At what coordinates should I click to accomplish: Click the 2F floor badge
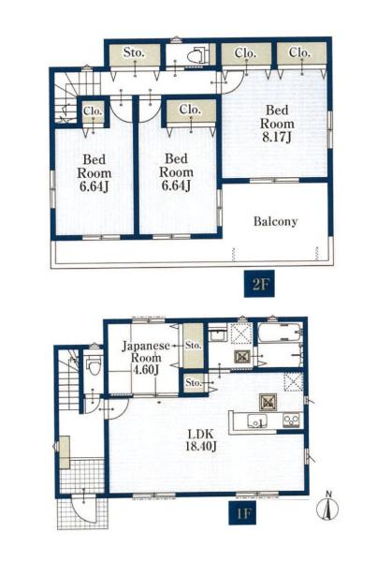click(259, 284)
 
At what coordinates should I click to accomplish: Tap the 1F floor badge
click(242, 514)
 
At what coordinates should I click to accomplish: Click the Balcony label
click(275, 221)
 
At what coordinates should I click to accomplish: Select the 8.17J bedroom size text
click(276, 138)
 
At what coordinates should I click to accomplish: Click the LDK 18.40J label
click(201, 440)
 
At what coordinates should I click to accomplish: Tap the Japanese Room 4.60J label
click(146, 358)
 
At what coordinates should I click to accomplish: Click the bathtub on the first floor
click(281, 333)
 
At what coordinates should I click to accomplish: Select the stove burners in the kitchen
click(291, 420)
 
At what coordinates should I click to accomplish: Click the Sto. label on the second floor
click(134, 52)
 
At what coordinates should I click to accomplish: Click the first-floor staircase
click(68, 380)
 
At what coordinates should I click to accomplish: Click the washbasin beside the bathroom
click(217, 335)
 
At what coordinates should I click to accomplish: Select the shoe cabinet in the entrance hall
click(65, 452)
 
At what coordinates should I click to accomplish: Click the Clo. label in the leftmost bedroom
click(94, 111)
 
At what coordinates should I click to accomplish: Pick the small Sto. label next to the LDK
click(194, 383)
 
